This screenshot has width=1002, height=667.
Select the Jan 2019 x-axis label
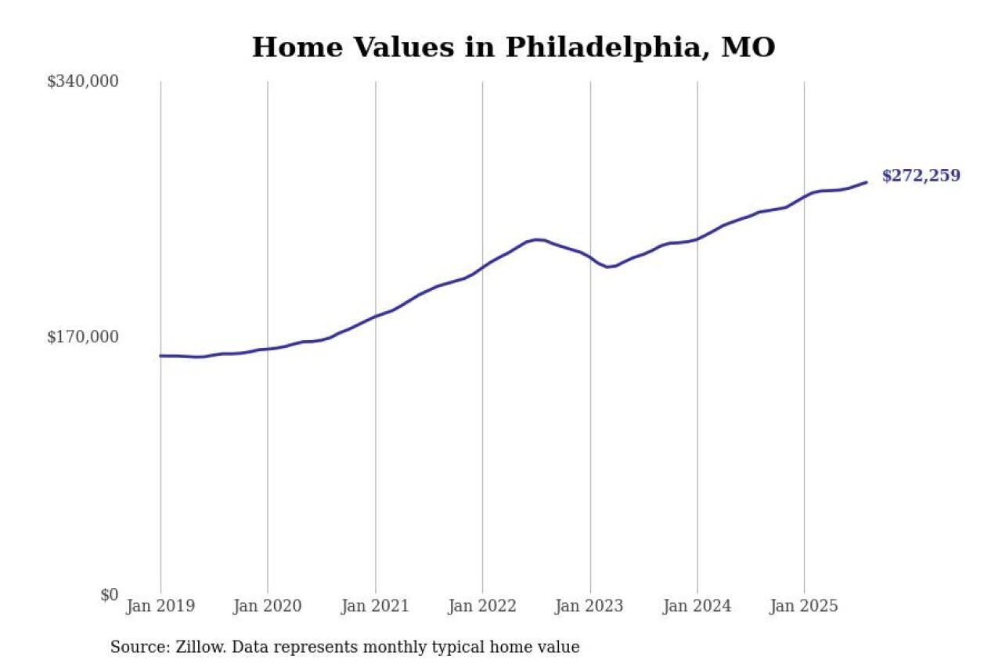tap(160, 606)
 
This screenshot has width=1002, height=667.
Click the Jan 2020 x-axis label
tap(268, 606)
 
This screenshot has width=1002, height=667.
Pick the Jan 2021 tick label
tap(375, 606)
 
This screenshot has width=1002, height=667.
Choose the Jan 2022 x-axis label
tap(482, 606)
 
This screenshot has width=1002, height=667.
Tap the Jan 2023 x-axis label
tap(589, 606)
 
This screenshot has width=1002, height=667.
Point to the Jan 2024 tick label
tap(697, 606)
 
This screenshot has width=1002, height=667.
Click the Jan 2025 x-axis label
tap(804, 606)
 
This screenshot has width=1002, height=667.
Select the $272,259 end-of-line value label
tap(921, 176)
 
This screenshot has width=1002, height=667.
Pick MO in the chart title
tap(748, 48)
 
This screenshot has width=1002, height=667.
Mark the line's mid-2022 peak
tap(536, 239)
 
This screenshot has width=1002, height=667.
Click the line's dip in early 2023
tap(608, 267)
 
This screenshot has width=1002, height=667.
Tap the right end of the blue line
tap(866, 182)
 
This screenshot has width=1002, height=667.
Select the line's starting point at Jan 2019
tap(161, 356)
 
